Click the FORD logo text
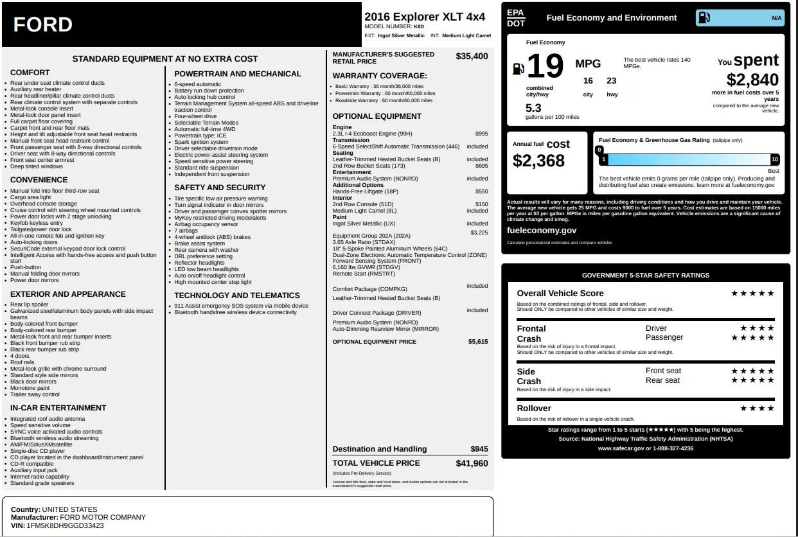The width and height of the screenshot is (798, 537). (x=42, y=25)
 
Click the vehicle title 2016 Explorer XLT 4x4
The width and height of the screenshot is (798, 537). (x=425, y=17)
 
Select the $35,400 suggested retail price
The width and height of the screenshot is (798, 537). (x=472, y=57)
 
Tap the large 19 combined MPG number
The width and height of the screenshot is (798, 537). (x=545, y=66)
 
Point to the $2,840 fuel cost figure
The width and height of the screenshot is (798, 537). (x=752, y=80)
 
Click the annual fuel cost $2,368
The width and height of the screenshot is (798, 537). (x=538, y=161)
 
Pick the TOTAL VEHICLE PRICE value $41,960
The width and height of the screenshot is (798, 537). (x=472, y=463)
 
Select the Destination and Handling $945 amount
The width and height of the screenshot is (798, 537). (x=479, y=449)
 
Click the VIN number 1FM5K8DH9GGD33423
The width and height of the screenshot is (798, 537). (x=65, y=525)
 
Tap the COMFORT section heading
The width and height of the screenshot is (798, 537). (x=30, y=73)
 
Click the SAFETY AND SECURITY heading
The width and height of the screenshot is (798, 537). (x=220, y=188)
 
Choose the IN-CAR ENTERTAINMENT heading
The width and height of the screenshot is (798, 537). (x=58, y=408)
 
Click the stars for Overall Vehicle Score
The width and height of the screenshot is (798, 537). (x=752, y=294)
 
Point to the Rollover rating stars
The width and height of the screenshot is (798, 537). (x=757, y=409)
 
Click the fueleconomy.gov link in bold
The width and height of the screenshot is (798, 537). (x=542, y=231)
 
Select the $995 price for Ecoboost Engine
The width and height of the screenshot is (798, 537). (x=481, y=134)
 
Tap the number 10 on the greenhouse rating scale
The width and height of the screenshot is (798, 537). (x=774, y=159)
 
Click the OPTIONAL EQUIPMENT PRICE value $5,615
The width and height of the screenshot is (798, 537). (x=477, y=342)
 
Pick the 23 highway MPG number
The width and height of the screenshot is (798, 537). (x=611, y=81)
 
